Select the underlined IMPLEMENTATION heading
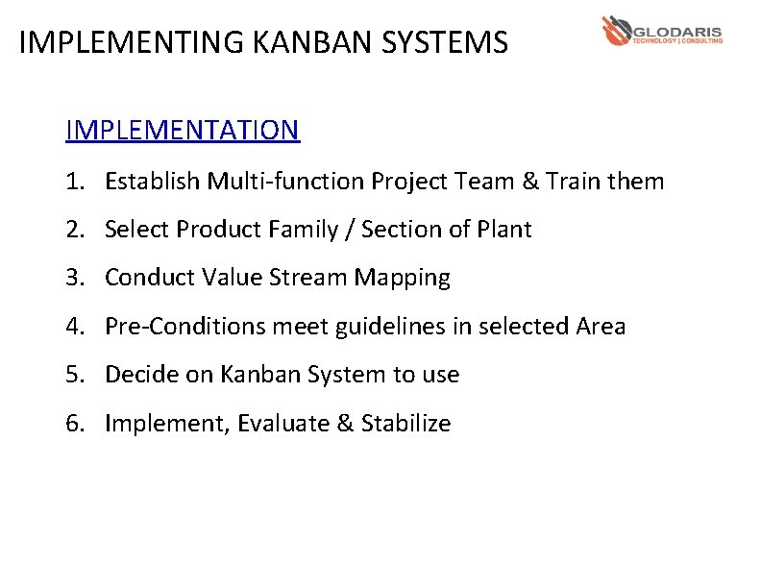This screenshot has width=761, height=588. (183, 130)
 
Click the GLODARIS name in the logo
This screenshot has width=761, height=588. (677, 29)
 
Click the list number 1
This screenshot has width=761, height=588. (73, 181)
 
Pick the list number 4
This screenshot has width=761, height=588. (73, 327)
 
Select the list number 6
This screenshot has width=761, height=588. (73, 424)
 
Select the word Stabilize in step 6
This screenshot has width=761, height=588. (405, 424)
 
